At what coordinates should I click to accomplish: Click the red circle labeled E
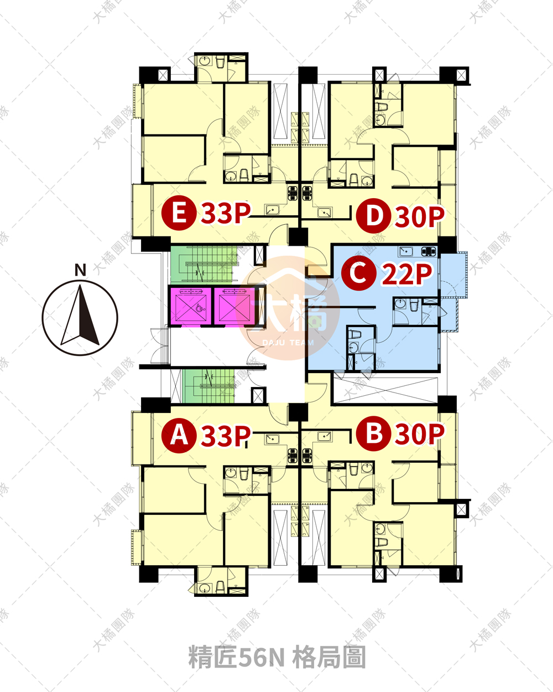tap(179, 213)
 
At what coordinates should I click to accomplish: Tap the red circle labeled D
tap(373, 216)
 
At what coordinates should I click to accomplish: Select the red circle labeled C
tap(358, 273)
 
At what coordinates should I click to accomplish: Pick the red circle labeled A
tap(179, 436)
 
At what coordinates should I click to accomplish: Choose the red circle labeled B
tap(373, 433)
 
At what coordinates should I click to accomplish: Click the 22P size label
tap(406, 274)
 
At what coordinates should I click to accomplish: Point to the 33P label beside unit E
tap(226, 213)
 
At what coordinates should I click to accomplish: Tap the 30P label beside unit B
tap(420, 434)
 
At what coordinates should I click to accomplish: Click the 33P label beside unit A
tap(226, 436)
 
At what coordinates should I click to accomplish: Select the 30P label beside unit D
tap(420, 216)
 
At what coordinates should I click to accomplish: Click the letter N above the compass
tap(80, 270)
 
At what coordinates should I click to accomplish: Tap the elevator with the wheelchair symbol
tap(190, 307)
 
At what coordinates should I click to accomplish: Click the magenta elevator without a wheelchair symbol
tap(235, 307)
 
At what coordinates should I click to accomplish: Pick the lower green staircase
tap(209, 385)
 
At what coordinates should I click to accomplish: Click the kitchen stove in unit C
tap(429, 251)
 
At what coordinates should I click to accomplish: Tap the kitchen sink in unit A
tap(272, 439)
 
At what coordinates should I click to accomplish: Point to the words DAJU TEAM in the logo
tap(288, 343)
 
